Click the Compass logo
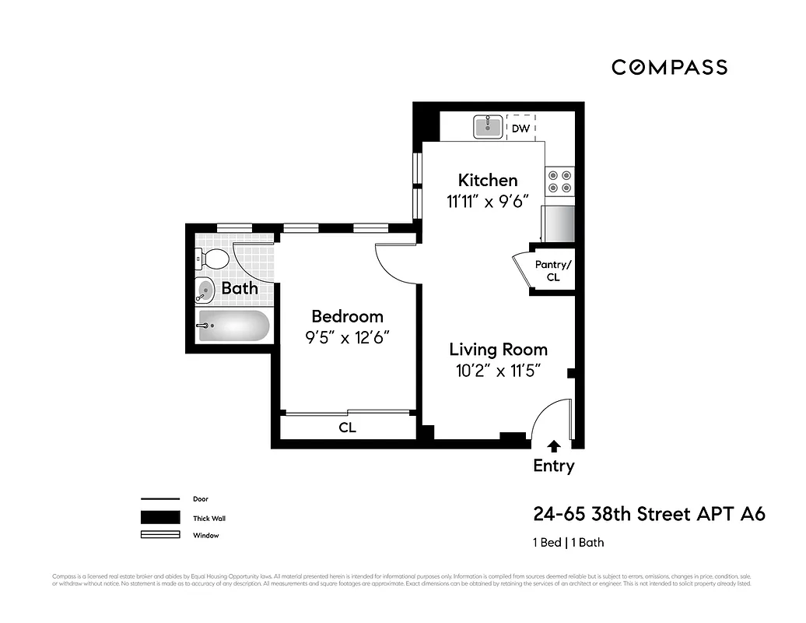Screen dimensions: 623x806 (669, 67)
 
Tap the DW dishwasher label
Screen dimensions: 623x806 (520, 128)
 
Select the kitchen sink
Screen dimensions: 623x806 (489, 126)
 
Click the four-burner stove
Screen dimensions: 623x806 (559, 181)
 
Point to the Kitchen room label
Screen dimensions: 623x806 (487, 180)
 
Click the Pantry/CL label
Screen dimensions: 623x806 (553, 270)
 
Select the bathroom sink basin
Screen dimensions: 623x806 (205, 290)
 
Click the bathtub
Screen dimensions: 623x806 (233, 326)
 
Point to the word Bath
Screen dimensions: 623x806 (240, 289)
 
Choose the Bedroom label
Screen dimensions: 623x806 (347, 316)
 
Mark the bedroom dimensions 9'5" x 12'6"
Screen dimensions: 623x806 (347, 337)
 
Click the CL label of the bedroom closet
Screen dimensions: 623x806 (347, 428)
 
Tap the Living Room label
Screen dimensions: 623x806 (498, 350)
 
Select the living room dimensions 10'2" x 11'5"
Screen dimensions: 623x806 (498, 371)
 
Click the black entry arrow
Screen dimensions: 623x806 (553, 445)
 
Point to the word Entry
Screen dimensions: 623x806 (553, 466)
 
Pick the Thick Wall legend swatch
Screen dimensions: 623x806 (159, 518)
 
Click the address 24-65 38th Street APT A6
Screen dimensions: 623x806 (649, 514)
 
